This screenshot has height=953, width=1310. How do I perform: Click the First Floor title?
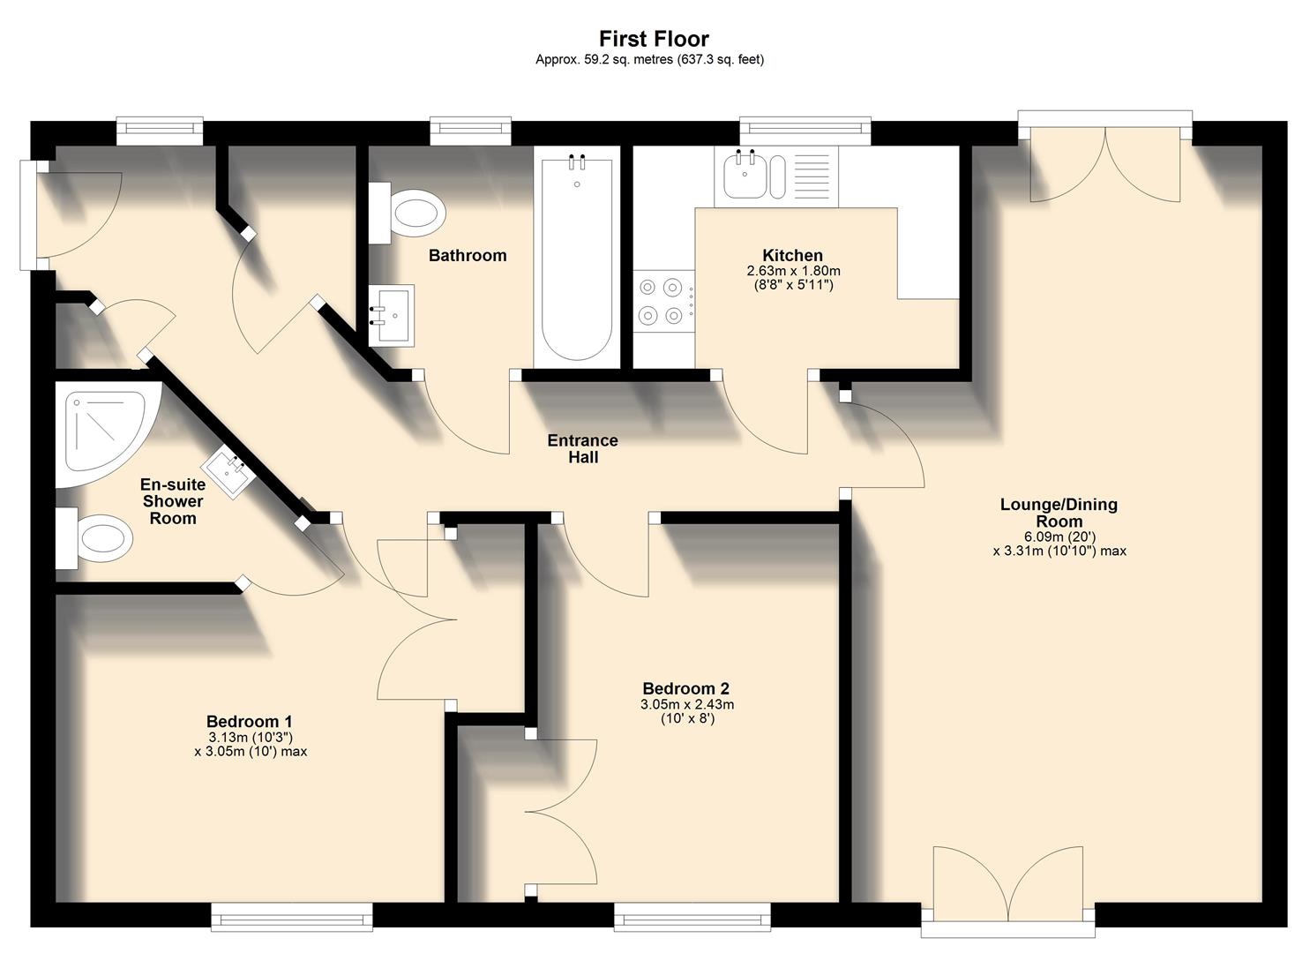pyautogui.click(x=654, y=39)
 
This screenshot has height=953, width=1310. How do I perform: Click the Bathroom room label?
pyautogui.click(x=468, y=256)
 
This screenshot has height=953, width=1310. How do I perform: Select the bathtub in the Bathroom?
pyautogui.click(x=576, y=260)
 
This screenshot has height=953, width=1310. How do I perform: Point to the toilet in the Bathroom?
pyautogui.click(x=410, y=214)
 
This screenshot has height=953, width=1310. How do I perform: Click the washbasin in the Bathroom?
pyautogui.click(x=391, y=314)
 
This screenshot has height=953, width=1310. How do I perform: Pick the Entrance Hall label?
pyautogui.click(x=582, y=448)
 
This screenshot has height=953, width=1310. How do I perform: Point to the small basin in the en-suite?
pyautogui.click(x=229, y=473)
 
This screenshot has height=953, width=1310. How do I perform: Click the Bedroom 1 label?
pyautogui.click(x=250, y=722)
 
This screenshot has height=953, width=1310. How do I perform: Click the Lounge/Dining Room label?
pyautogui.click(x=1059, y=513)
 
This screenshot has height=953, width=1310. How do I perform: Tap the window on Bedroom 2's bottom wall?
pyautogui.click(x=692, y=918)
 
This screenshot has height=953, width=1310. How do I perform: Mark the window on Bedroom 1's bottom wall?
pyautogui.click(x=291, y=918)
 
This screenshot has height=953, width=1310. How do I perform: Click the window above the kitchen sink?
pyautogui.click(x=805, y=131)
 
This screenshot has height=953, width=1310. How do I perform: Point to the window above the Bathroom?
pyautogui.click(x=470, y=131)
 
